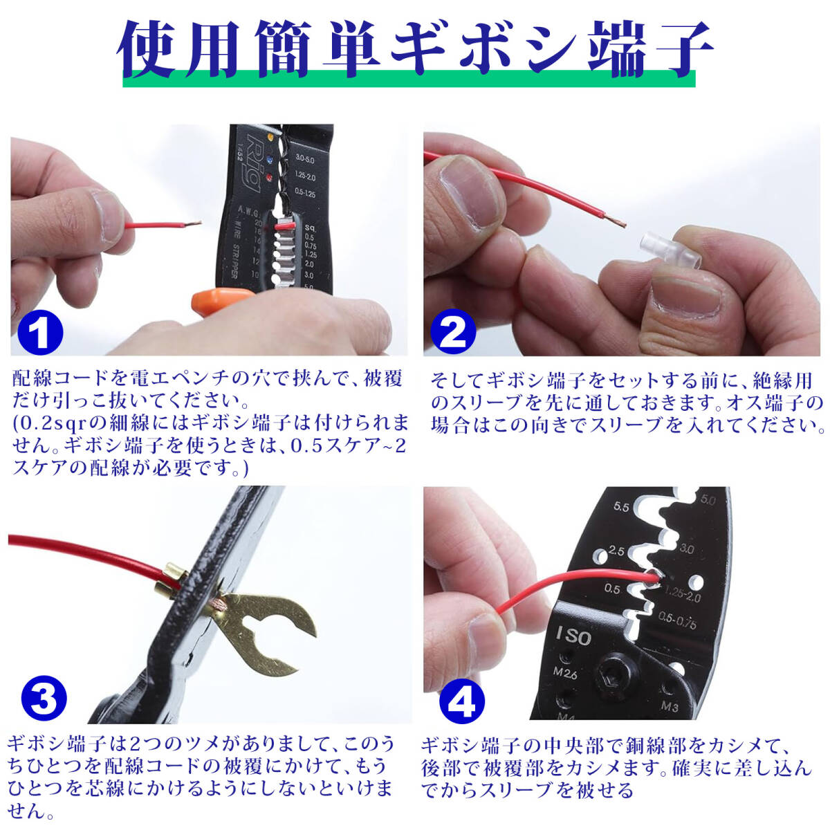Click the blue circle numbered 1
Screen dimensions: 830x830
tap(41, 332)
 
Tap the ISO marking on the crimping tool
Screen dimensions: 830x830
tap(573, 636)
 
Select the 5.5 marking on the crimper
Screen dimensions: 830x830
tap(621, 507)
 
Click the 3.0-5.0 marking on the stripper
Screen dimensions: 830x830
tap(305, 159)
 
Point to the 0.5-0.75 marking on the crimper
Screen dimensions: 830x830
tap(677, 621)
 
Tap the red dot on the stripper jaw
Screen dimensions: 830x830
tap(270, 177)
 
